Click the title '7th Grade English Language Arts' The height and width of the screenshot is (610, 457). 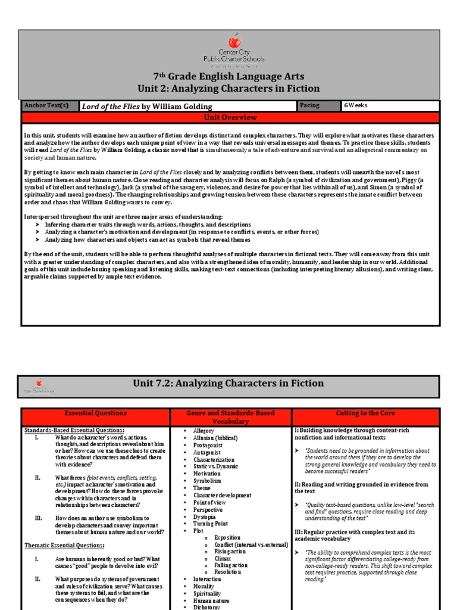coord(229,76)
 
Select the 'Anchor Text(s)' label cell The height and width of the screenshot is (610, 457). coord(46,105)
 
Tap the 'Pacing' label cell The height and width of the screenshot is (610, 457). coord(310,105)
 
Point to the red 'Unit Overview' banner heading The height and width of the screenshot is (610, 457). coord(230,117)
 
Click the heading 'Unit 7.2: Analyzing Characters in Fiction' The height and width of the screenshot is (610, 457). coord(228,384)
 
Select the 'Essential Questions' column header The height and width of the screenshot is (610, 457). coord(95,413)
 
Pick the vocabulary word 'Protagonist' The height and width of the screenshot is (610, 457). coord(209,445)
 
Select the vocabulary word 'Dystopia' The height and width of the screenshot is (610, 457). coord(206,516)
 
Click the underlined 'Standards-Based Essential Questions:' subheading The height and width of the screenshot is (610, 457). coord(74,430)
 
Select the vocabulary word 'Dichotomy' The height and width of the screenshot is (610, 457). coord(207,607)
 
